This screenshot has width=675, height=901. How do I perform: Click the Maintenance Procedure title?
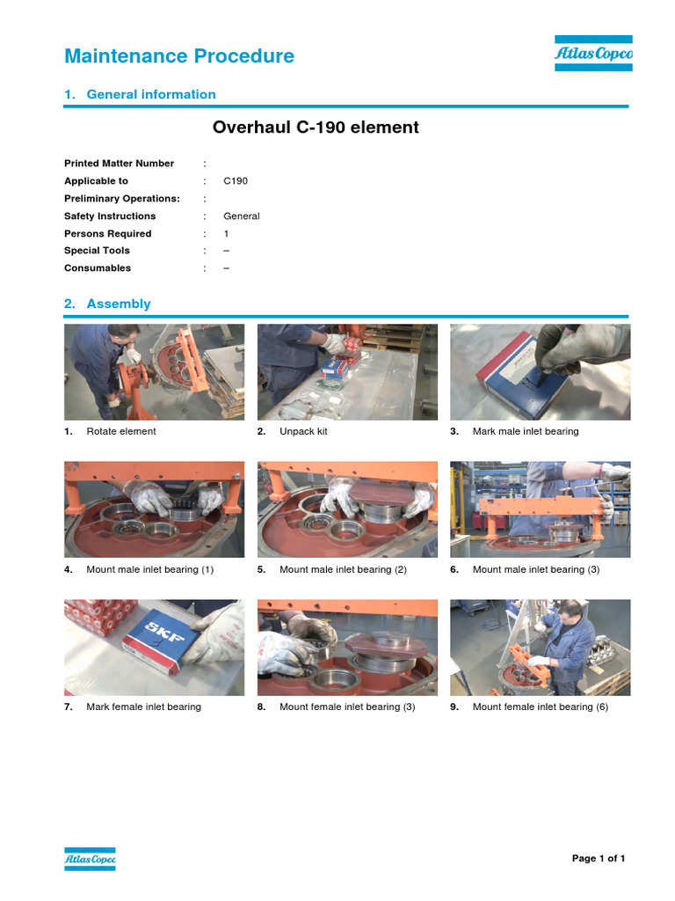point(179,56)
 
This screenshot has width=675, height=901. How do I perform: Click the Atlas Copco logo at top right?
point(593,54)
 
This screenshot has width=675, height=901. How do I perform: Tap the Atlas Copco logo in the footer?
point(90,859)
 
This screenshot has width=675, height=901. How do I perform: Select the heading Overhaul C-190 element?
point(316,128)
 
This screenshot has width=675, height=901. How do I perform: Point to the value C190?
point(236,181)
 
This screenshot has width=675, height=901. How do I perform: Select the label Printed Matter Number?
point(119,164)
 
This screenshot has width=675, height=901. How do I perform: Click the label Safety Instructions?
point(110,216)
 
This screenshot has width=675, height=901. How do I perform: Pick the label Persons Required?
point(107,234)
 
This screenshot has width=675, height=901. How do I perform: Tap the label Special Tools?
point(97,251)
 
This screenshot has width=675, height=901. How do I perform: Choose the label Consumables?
point(98,268)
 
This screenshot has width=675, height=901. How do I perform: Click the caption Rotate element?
point(121,432)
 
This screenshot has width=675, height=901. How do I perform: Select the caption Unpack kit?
point(303,432)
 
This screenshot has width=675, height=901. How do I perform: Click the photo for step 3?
point(540,371)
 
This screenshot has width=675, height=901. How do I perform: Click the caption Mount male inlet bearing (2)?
point(343,570)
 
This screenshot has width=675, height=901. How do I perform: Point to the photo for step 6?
point(540,509)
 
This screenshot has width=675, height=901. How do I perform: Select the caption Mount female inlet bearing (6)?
point(540,707)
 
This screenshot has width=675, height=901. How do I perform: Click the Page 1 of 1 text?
point(599,859)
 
